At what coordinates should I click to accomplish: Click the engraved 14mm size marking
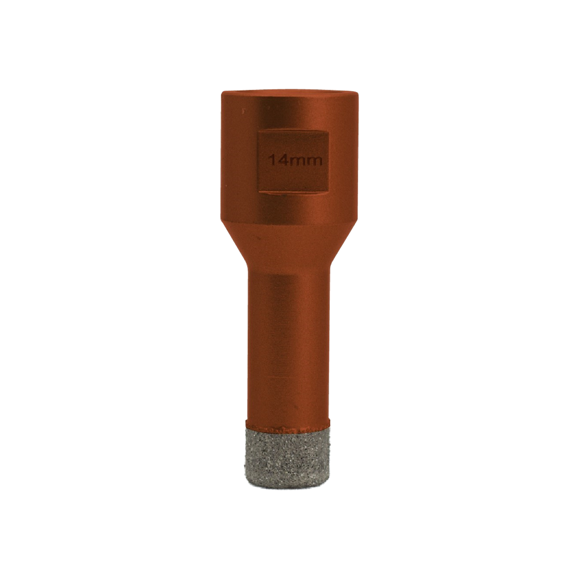coord(295,161)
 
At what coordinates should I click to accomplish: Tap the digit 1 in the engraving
coord(271,161)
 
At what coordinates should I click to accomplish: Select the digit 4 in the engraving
coord(280,161)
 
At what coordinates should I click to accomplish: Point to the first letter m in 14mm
coord(295,162)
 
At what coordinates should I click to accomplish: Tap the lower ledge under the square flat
coord(292,192)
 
